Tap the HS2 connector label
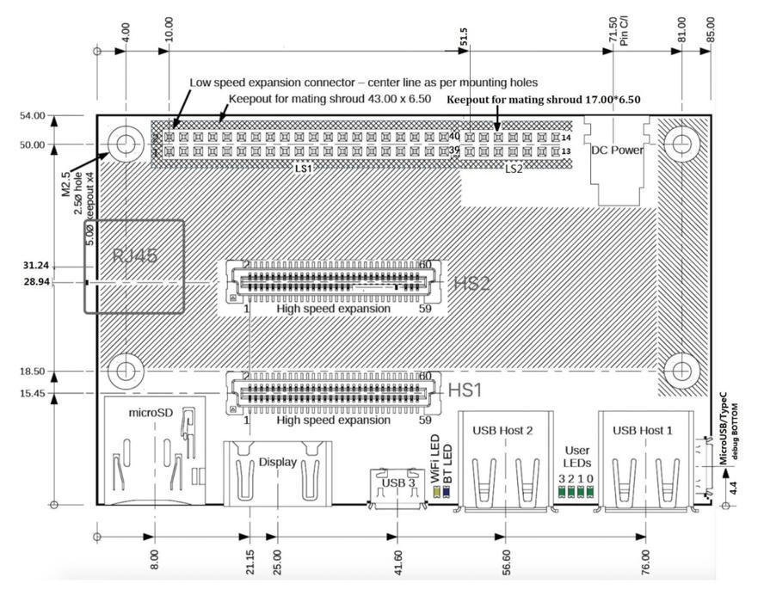(x=471, y=284)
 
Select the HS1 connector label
(x=465, y=390)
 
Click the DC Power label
(x=618, y=150)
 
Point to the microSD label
(x=151, y=413)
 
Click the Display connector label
(x=277, y=462)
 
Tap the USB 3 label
(x=398, y=483)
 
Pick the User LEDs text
(x=576, y=457)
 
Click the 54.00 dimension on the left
(x=32, y=115)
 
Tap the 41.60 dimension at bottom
(x=397, y=563)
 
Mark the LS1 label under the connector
(x=304, y=169)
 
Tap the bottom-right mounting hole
(x=681, y=371)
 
